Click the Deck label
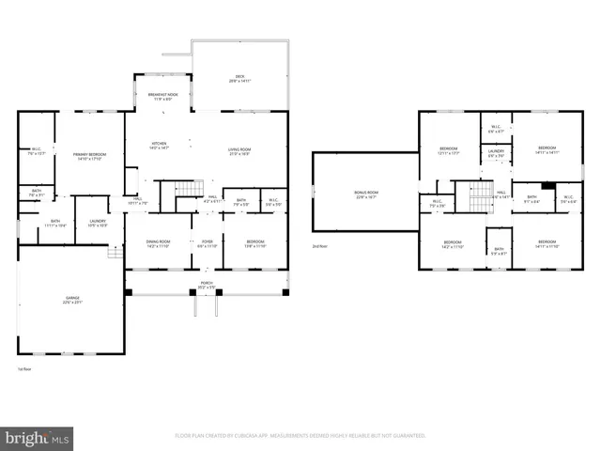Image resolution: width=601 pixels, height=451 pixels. pos(239,80)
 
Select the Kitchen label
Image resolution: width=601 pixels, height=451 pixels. pos(160,146)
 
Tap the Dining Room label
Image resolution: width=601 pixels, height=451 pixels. pos(158,243)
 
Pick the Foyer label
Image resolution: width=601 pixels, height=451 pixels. pos(207,243)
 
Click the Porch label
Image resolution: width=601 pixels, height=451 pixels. pos(206,285)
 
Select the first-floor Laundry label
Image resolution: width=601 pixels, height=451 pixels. pos(98,224)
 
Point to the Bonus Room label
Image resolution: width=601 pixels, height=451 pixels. pos(365,196)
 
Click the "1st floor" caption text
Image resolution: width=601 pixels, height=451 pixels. pos(25,369)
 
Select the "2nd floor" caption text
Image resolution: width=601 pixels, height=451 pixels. pos(320,246)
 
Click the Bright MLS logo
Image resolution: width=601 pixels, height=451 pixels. pos(38,438)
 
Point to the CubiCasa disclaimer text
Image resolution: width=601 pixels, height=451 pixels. pos(300,436)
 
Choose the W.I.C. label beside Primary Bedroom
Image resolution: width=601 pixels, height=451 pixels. pos(38,150)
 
